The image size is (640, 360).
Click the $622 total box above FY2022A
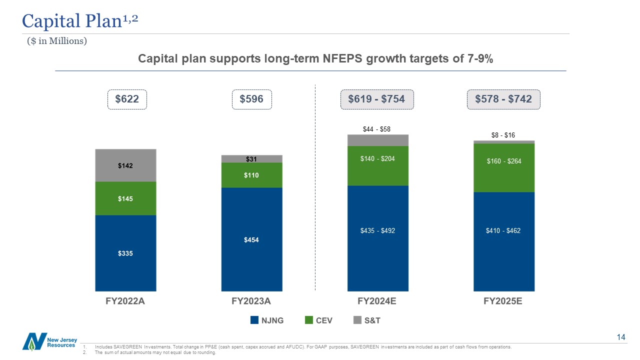pos(127,99)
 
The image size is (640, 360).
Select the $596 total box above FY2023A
pos(251,99)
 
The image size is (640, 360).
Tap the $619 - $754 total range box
pos(376,99)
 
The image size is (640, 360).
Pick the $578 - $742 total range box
pos(503,99)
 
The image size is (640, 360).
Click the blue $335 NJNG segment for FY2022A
pos(125,253)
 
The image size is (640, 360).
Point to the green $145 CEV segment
pos(125,198)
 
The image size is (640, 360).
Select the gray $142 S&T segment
pos(125,165)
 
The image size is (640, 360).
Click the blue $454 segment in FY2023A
pos(251,239)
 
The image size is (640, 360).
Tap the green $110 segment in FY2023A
pos(251,175)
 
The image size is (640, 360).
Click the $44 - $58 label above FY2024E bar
pos(376,129)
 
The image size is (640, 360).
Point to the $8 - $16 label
pos(502,135)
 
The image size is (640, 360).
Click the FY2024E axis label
pos(377,301)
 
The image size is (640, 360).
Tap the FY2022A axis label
pos(125,301)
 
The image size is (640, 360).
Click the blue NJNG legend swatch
pos(254,320)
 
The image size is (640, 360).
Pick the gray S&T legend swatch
pos(357,320)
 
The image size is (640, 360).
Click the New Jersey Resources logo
pos(49,341)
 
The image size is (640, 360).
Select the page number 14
pos(621,337)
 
